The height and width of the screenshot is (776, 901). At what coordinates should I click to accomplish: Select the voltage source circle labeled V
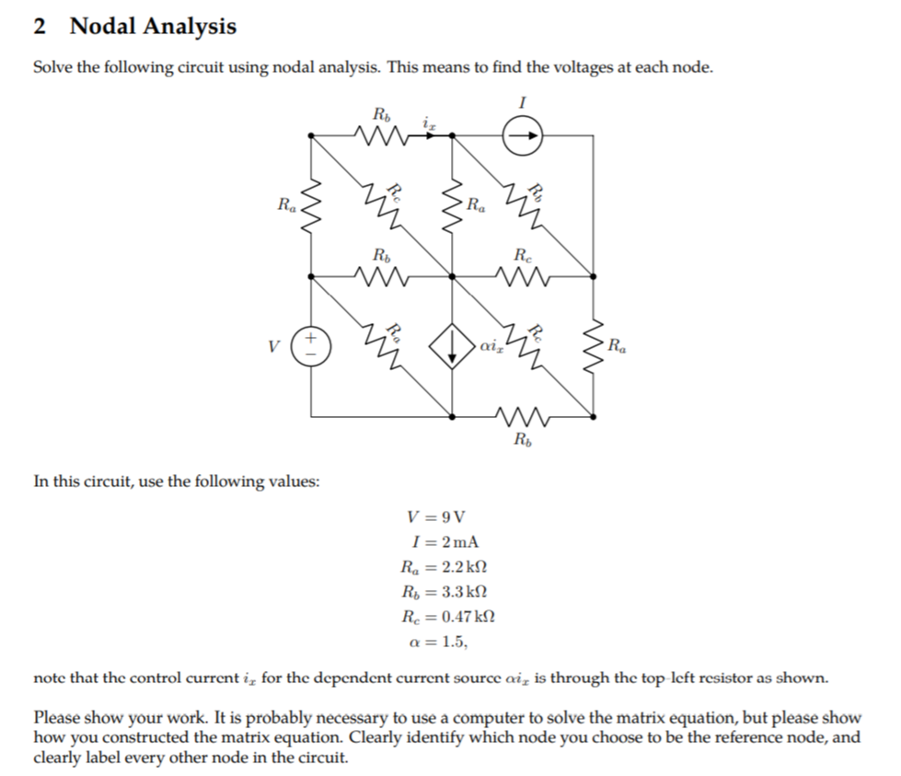[x=311, y=347]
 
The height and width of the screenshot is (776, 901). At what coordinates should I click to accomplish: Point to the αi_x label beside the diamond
[x=490, y=347]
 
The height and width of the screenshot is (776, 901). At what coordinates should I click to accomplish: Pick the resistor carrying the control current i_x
[x=380, y=136]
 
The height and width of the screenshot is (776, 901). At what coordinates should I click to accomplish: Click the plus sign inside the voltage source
[x=311, y=339]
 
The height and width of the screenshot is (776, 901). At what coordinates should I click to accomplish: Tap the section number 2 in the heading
[x=40, y=26]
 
